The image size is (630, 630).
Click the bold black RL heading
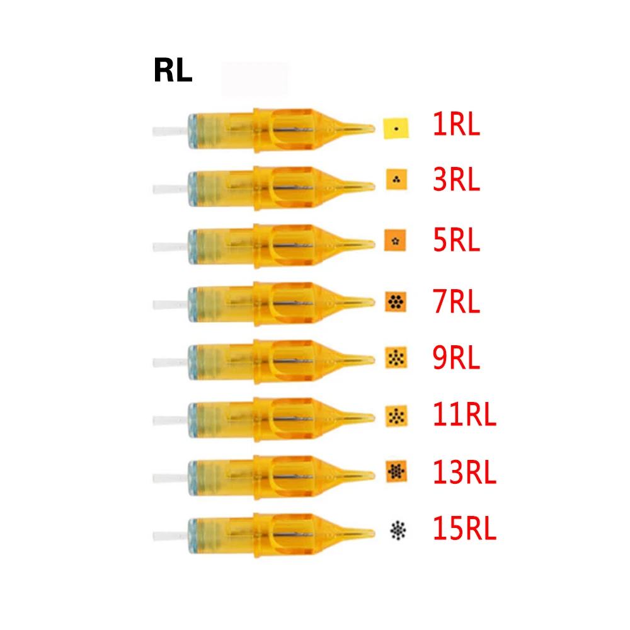pos(173,72)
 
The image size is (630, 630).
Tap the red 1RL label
pos(456,125)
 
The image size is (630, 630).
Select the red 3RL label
pos(456,181)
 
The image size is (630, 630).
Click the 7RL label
pos(456,301)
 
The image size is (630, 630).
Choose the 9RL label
pos(456,358)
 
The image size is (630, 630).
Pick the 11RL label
pos(464,415)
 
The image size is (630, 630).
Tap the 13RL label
pos(464,472)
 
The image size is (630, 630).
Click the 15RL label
pos(464,530)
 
